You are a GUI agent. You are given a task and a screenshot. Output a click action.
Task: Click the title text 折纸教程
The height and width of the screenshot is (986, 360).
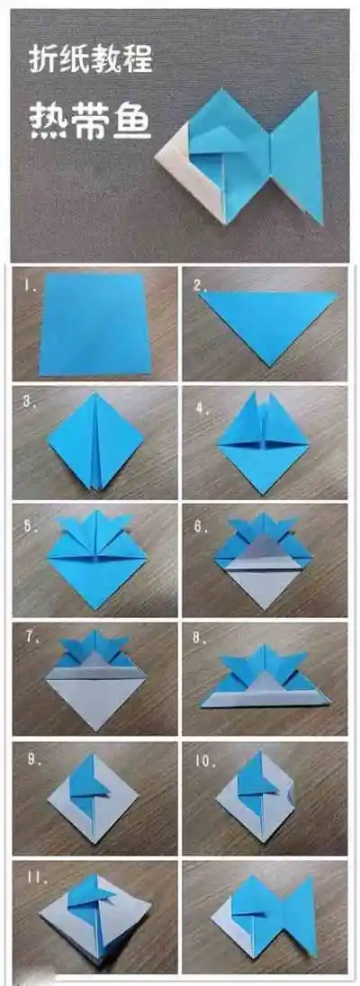tap(91, 59)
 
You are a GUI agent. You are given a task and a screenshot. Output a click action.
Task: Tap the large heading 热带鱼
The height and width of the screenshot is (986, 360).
tap(91, 121)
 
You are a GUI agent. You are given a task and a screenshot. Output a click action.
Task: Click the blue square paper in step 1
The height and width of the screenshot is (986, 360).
tap(95, 324)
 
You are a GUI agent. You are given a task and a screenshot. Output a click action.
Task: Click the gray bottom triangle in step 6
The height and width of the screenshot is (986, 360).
tap(264, 586)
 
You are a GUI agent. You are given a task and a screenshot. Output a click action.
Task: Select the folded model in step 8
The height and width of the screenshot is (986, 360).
tap(265, 681)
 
